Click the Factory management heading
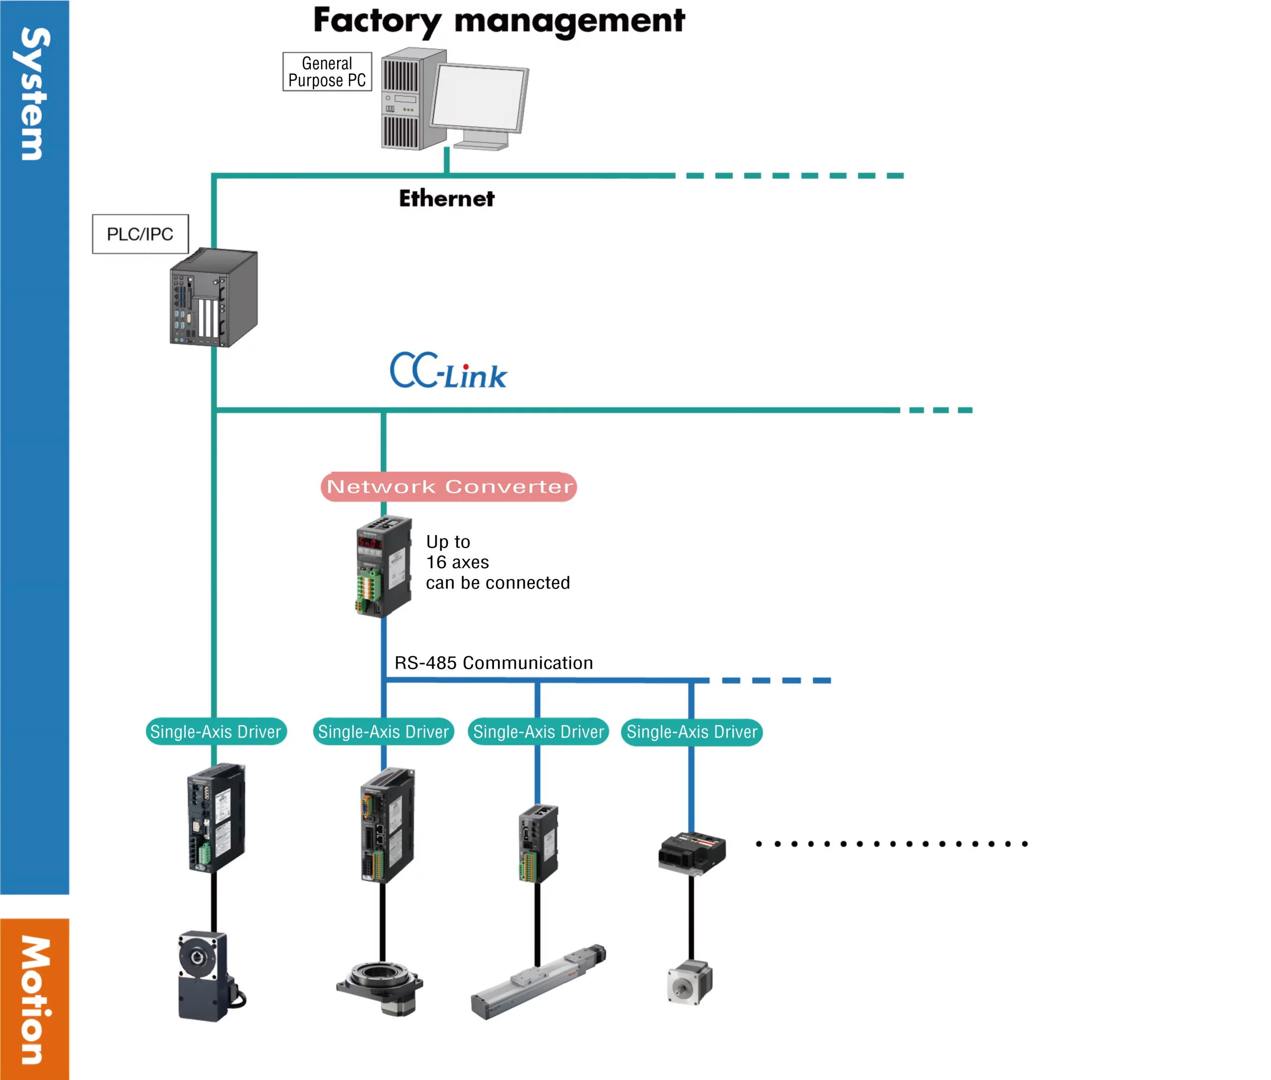click(498, 21)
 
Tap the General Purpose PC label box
click(327, 71)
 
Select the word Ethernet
click(446, 199)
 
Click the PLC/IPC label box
click(141, 234)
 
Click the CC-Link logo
click(448, 371)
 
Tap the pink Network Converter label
click(448, 487)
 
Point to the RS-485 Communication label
click(493, 663)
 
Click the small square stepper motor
click(690, 982)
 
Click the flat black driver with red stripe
click(692, 852)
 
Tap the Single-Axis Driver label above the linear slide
click(538, 732)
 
